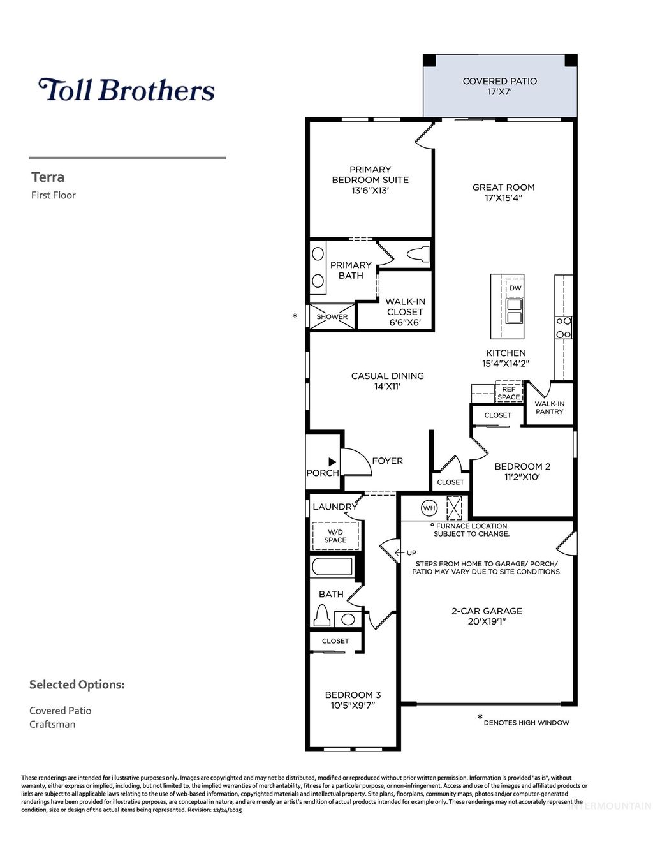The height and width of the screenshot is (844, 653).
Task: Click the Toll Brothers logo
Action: point(126,90)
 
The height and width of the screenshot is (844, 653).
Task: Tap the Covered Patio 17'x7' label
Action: point(499,86)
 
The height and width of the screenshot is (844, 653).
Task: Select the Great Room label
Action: point(503,188)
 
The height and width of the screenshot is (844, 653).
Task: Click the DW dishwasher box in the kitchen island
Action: point(515,288)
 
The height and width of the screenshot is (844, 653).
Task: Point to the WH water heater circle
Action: point(429,508)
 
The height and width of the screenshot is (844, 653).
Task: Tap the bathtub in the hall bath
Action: point(332,566)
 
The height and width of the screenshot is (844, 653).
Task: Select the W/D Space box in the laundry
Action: point(335,536)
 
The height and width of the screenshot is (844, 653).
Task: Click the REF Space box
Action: point(509,393)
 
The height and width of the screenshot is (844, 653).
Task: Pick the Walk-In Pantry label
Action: point(549,408)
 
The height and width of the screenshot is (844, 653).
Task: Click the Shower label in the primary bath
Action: point(332,316)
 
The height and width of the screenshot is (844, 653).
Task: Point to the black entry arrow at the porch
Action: point(332,461)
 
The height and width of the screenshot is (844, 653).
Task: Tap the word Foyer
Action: point(387,461)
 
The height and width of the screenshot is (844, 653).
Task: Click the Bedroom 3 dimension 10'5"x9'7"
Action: point(353,706)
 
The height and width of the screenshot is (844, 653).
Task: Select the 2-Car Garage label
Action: point(487,611)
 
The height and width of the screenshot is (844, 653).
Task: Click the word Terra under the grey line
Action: point(48,177)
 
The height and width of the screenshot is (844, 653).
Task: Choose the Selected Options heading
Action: point(77,685)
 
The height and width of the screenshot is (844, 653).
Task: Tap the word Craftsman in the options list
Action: point(52,724)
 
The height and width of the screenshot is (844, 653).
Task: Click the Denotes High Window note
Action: point(526,722)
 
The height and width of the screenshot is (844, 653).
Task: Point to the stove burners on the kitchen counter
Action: point(564,328)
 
